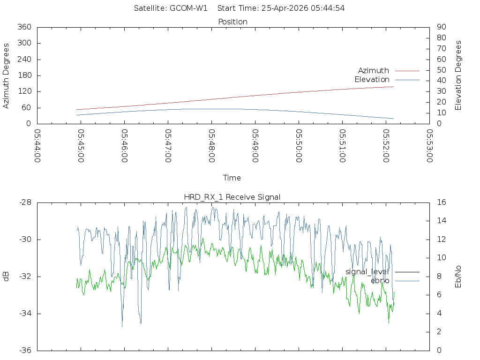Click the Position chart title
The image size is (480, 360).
click(x=232, y=22)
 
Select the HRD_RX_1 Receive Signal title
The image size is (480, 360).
click(x=232, y=197)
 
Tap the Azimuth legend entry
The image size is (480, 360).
click(x=374, y=71)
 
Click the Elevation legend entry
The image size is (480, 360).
click(x=372, y=80)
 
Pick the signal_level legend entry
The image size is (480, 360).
click(x=367, y=272)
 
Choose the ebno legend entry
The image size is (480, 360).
click(x=380, y=281)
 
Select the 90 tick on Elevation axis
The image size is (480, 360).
click(x=441, y=27)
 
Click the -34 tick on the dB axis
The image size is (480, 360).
click(x=24, y=314)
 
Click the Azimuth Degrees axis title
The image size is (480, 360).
click(x=7, y=75)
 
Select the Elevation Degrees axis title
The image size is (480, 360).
click(x=458, y=75)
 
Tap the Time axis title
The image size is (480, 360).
click(x=232, y=178)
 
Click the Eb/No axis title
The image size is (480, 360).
click(x=458, y=277)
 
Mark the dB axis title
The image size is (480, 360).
click(x=7, y=277)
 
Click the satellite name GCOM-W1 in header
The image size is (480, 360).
click(x=188, y=8)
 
